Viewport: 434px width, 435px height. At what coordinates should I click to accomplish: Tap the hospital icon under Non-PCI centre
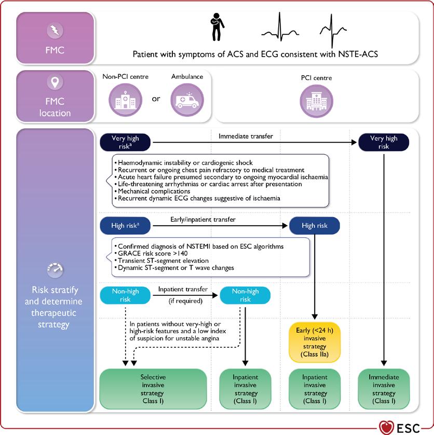click(x=124, y=99)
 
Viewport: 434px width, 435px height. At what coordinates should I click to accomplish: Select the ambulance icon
click(x=187, y=99)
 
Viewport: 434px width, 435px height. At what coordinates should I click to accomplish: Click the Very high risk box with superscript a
click(x=125, y=142)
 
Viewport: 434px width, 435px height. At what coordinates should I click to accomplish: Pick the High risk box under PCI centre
click(x=314, y=226)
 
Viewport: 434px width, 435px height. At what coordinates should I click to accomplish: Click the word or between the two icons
click(x=156, y=98)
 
